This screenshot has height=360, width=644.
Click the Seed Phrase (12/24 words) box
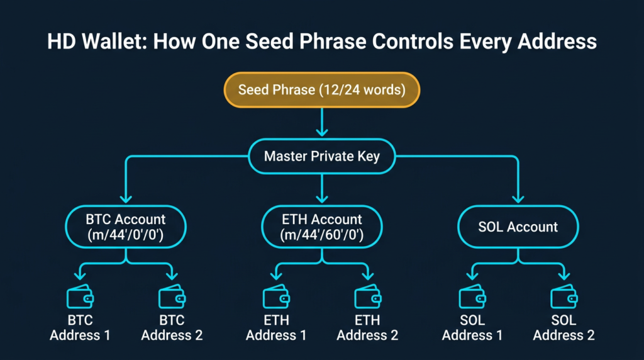[321, 90]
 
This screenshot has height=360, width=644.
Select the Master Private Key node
[321, 155]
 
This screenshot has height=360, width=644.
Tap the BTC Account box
[126, 227]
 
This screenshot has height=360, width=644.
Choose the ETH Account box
[321, 227]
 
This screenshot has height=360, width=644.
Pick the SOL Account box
[518, 227]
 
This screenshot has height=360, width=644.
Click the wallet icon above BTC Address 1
[80, 296]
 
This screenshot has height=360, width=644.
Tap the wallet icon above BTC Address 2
[172, 296]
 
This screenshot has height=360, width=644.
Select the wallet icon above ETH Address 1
[276, 296]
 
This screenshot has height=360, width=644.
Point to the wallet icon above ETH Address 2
[367, 296]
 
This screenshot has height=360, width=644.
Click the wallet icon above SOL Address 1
[472, 296]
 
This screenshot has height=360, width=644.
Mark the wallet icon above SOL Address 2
[563, 296]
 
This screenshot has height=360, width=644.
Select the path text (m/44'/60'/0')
[321, 235]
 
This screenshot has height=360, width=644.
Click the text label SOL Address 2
[563, 328]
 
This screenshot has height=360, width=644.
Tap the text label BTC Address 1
[80, 328]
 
